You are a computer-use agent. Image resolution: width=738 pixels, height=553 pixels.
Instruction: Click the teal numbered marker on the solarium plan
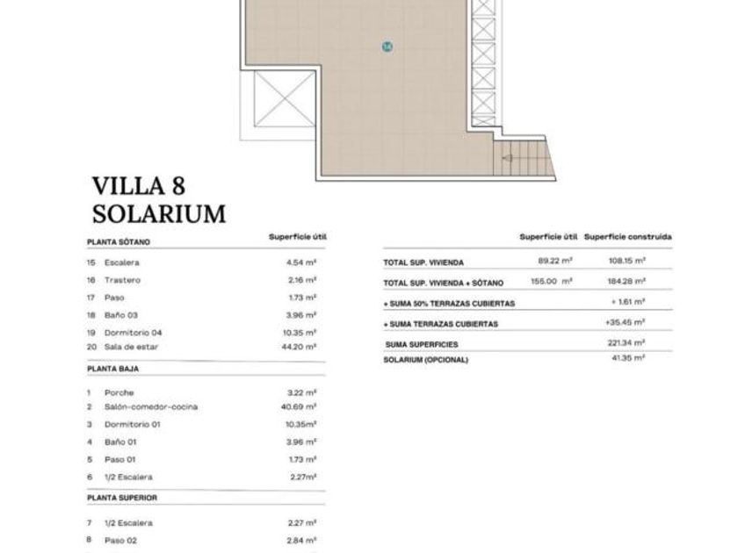pyautogui.click(x=387, y=47)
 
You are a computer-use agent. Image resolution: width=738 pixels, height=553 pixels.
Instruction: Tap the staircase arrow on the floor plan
pyautogui.click(x=507, y=159)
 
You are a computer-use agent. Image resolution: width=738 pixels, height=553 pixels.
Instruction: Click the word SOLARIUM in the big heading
pyautogui.click(x=159, y=214)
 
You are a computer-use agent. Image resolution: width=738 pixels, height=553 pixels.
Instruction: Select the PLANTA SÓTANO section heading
pyautogui.click(x=119, y=242)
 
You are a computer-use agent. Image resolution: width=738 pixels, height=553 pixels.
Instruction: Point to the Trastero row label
pyautogui.click(x=122, y=280)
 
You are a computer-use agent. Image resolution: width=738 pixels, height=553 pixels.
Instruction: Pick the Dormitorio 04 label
pyautogui.click(x=134, y=333)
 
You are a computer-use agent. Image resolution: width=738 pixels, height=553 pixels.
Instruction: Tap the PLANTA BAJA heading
pyautogui.click(x=113, y=370)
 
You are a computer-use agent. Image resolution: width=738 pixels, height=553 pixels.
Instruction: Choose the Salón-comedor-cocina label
pyautogui.click(x=151, y=406)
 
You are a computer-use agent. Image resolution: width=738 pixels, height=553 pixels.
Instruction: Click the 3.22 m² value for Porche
pyautogui.click(x=301, y=392)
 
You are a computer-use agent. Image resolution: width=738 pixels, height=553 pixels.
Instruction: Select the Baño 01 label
pyautogui.click(x=120, y=442)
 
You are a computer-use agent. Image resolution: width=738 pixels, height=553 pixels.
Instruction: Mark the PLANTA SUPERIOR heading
pyautogui.click(x=122, y=498)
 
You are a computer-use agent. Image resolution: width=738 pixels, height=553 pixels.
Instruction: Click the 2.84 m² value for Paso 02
pyautogui.click(x=302, y=541)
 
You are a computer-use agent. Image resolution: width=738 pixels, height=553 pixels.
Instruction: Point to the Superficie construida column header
pyautogui.click(x=628, y=237)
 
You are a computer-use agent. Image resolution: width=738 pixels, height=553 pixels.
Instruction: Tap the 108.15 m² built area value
pyautogui.click(x=627, y=261)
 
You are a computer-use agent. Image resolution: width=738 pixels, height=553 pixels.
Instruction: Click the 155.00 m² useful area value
pyautogui.click(x=552, y=281)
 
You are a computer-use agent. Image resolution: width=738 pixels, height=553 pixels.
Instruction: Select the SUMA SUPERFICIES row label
pyautogui.click(x=422, y=345)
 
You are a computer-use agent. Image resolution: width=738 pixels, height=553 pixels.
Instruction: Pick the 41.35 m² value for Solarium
pyautogui.click(x=628, y=358)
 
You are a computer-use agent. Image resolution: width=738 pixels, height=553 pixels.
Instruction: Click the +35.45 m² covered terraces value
pyautogui.click(x=625, y=323)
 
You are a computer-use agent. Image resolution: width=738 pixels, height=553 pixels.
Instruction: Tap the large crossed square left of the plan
pyautogui.click(x=285, y=98)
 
